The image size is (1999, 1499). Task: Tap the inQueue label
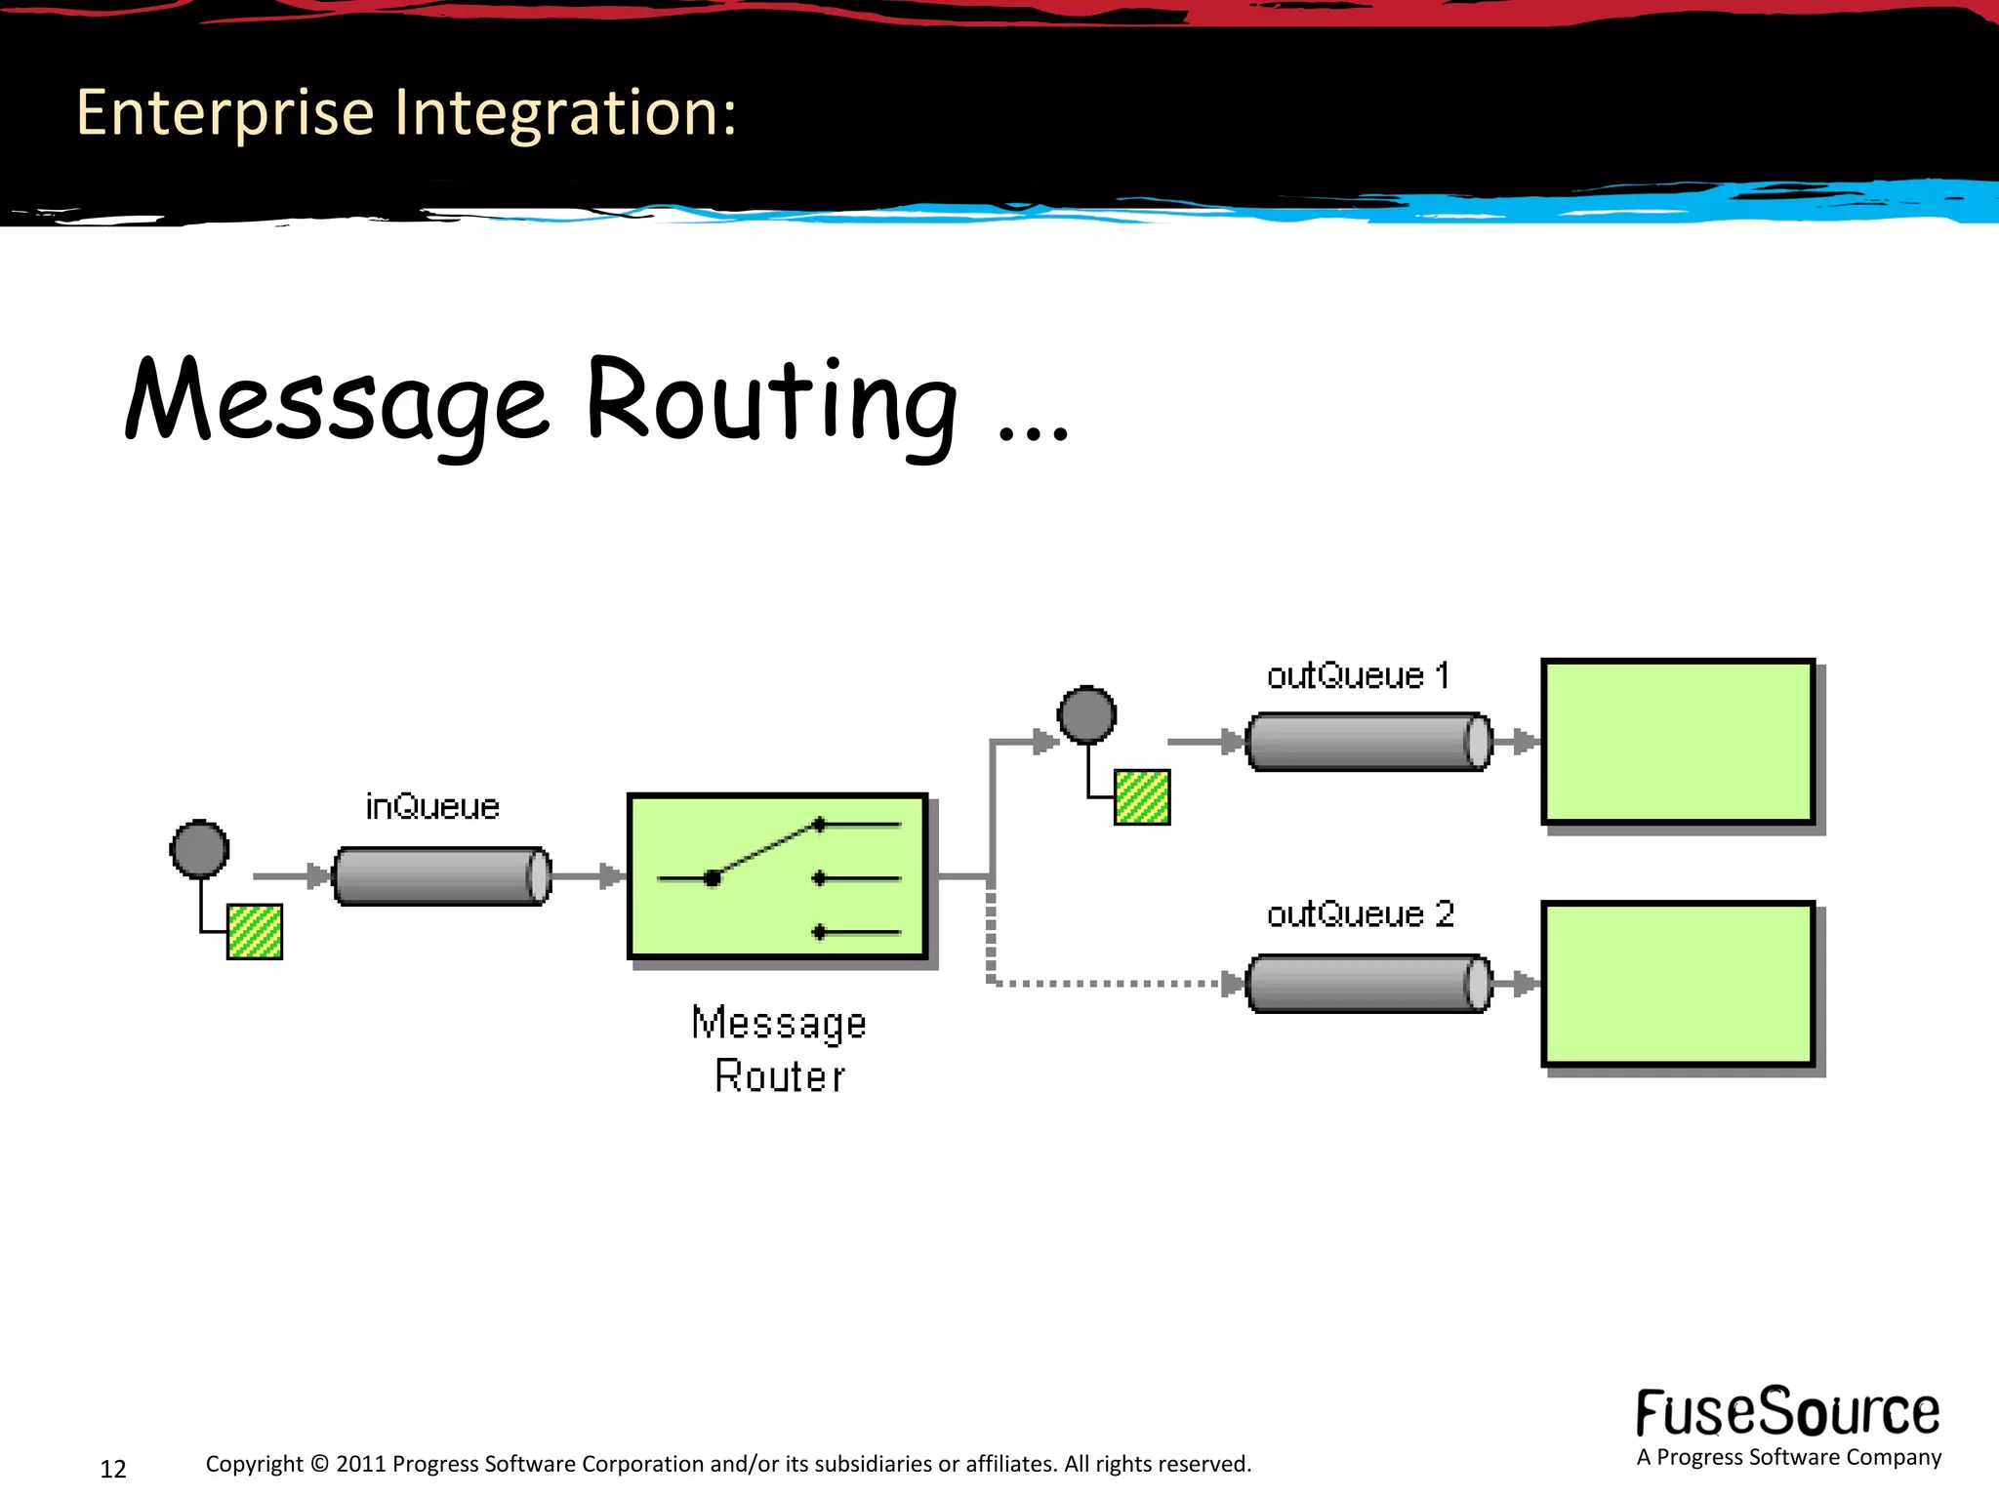click(432, 807)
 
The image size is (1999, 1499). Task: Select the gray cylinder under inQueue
click(441, 876)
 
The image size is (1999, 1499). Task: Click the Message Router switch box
click(778, 876)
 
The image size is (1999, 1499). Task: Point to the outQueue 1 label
click(1358, 676)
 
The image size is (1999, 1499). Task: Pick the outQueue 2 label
click(1360, 914)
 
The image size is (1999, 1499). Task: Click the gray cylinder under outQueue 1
click(1368, 743)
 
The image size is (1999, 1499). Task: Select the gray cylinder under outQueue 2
click(1368, 984)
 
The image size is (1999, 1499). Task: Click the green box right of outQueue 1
click(1677, 742)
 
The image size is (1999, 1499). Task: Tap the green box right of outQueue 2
click(1677, 984)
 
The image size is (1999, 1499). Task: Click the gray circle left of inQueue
click(200, 849)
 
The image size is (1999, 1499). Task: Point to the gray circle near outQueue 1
click(1086, 714)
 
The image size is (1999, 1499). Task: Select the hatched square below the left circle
click(255, 932)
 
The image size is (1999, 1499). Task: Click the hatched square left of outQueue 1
click(1142, 797)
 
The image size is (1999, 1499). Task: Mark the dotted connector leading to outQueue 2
click(1103, 984)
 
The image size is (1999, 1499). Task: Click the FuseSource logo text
click(1787, 1413)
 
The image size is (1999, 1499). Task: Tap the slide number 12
click(113, 1469)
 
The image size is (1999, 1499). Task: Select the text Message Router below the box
click(779, 1049)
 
